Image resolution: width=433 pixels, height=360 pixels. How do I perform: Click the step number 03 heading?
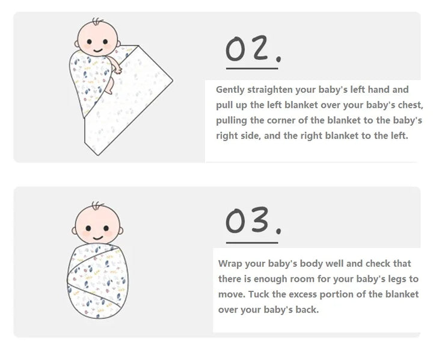tap(253, 220)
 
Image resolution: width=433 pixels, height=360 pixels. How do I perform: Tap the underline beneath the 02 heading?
tap(252, 68)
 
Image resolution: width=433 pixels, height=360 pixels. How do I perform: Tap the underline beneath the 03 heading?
tap(252, 243)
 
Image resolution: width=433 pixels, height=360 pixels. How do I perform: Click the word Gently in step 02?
tap(230, 90)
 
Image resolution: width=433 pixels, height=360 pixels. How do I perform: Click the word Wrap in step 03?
tap(230, 264)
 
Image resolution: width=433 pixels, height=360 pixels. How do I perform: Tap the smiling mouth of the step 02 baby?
tap(98, 51)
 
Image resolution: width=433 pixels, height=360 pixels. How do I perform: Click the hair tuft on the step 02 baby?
tap(97, 22)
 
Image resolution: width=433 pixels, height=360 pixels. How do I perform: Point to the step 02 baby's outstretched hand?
tap(118, 70)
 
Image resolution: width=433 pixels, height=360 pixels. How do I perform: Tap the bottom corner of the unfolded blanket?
tap(98, 155)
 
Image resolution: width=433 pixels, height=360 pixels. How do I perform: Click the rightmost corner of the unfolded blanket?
tap(173, 81)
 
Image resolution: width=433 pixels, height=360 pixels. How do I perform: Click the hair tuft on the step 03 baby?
tap(97, 206)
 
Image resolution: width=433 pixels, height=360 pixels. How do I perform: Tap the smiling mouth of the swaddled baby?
tap(98, 238)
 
